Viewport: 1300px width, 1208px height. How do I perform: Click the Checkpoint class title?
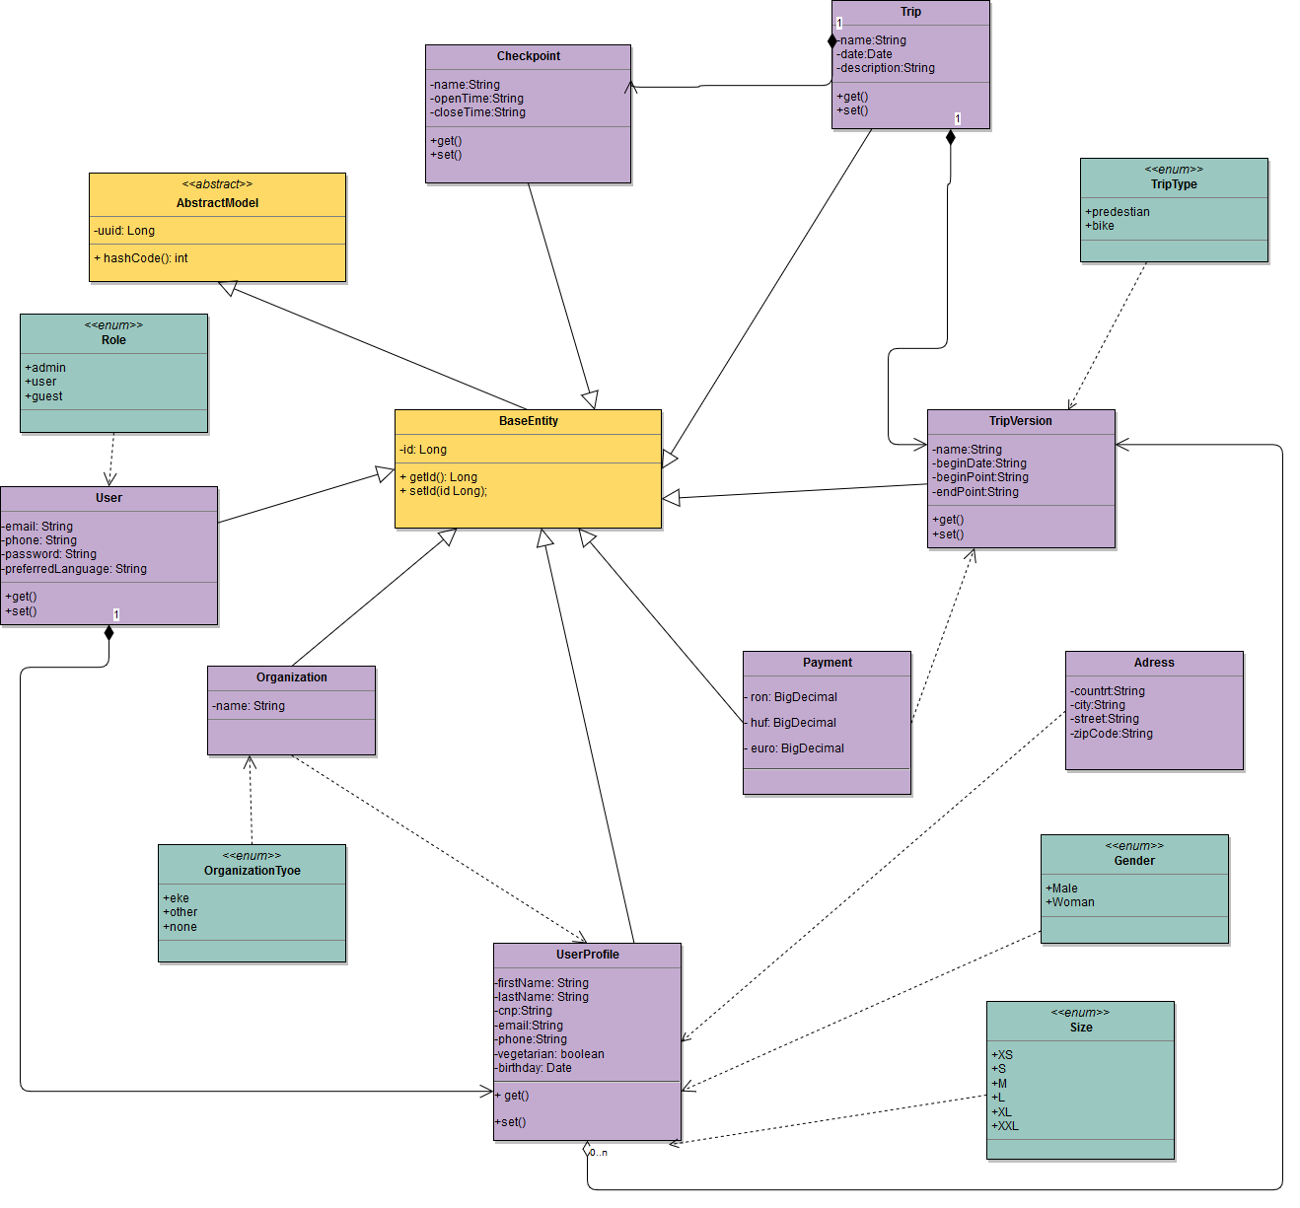pos(528,56)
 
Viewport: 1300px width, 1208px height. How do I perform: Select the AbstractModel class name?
pos(217,203)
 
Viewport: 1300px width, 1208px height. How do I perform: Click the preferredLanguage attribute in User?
pos(76,569)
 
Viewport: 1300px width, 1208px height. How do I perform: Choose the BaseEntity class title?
pos(528,421)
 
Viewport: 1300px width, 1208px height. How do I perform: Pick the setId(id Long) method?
pos(448,491)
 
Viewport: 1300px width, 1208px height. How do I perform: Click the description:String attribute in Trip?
pos(887,68)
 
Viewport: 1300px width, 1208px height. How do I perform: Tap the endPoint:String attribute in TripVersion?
pos(976,492)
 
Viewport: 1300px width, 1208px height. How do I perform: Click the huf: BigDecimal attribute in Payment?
pos(793,723)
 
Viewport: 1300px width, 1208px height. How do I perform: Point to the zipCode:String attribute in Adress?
pos(1113,734)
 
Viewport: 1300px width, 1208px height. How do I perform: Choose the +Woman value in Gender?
pos(1071,902)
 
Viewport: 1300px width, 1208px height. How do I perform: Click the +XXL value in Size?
pos(1006,1126)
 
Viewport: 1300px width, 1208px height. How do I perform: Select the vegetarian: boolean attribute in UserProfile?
pos(550,1054)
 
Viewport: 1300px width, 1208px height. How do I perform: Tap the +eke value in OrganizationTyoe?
pos(177,898)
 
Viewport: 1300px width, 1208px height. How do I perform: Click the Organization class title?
pos(291,677)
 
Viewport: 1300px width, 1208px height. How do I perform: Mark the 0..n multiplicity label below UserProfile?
pos(599,1152)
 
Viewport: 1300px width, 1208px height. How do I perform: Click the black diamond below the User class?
pos(108,632)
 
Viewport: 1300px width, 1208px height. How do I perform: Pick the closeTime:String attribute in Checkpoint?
pos(479,112)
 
